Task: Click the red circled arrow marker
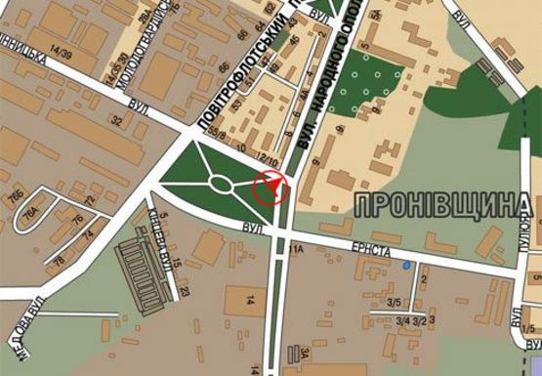tap(271, 186)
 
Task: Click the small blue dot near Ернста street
tap(407, 265)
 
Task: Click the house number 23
tap(185, 291)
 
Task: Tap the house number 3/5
tap(396, 304)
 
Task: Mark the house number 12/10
tap(268, 158)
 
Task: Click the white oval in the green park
tap(221, 184)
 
